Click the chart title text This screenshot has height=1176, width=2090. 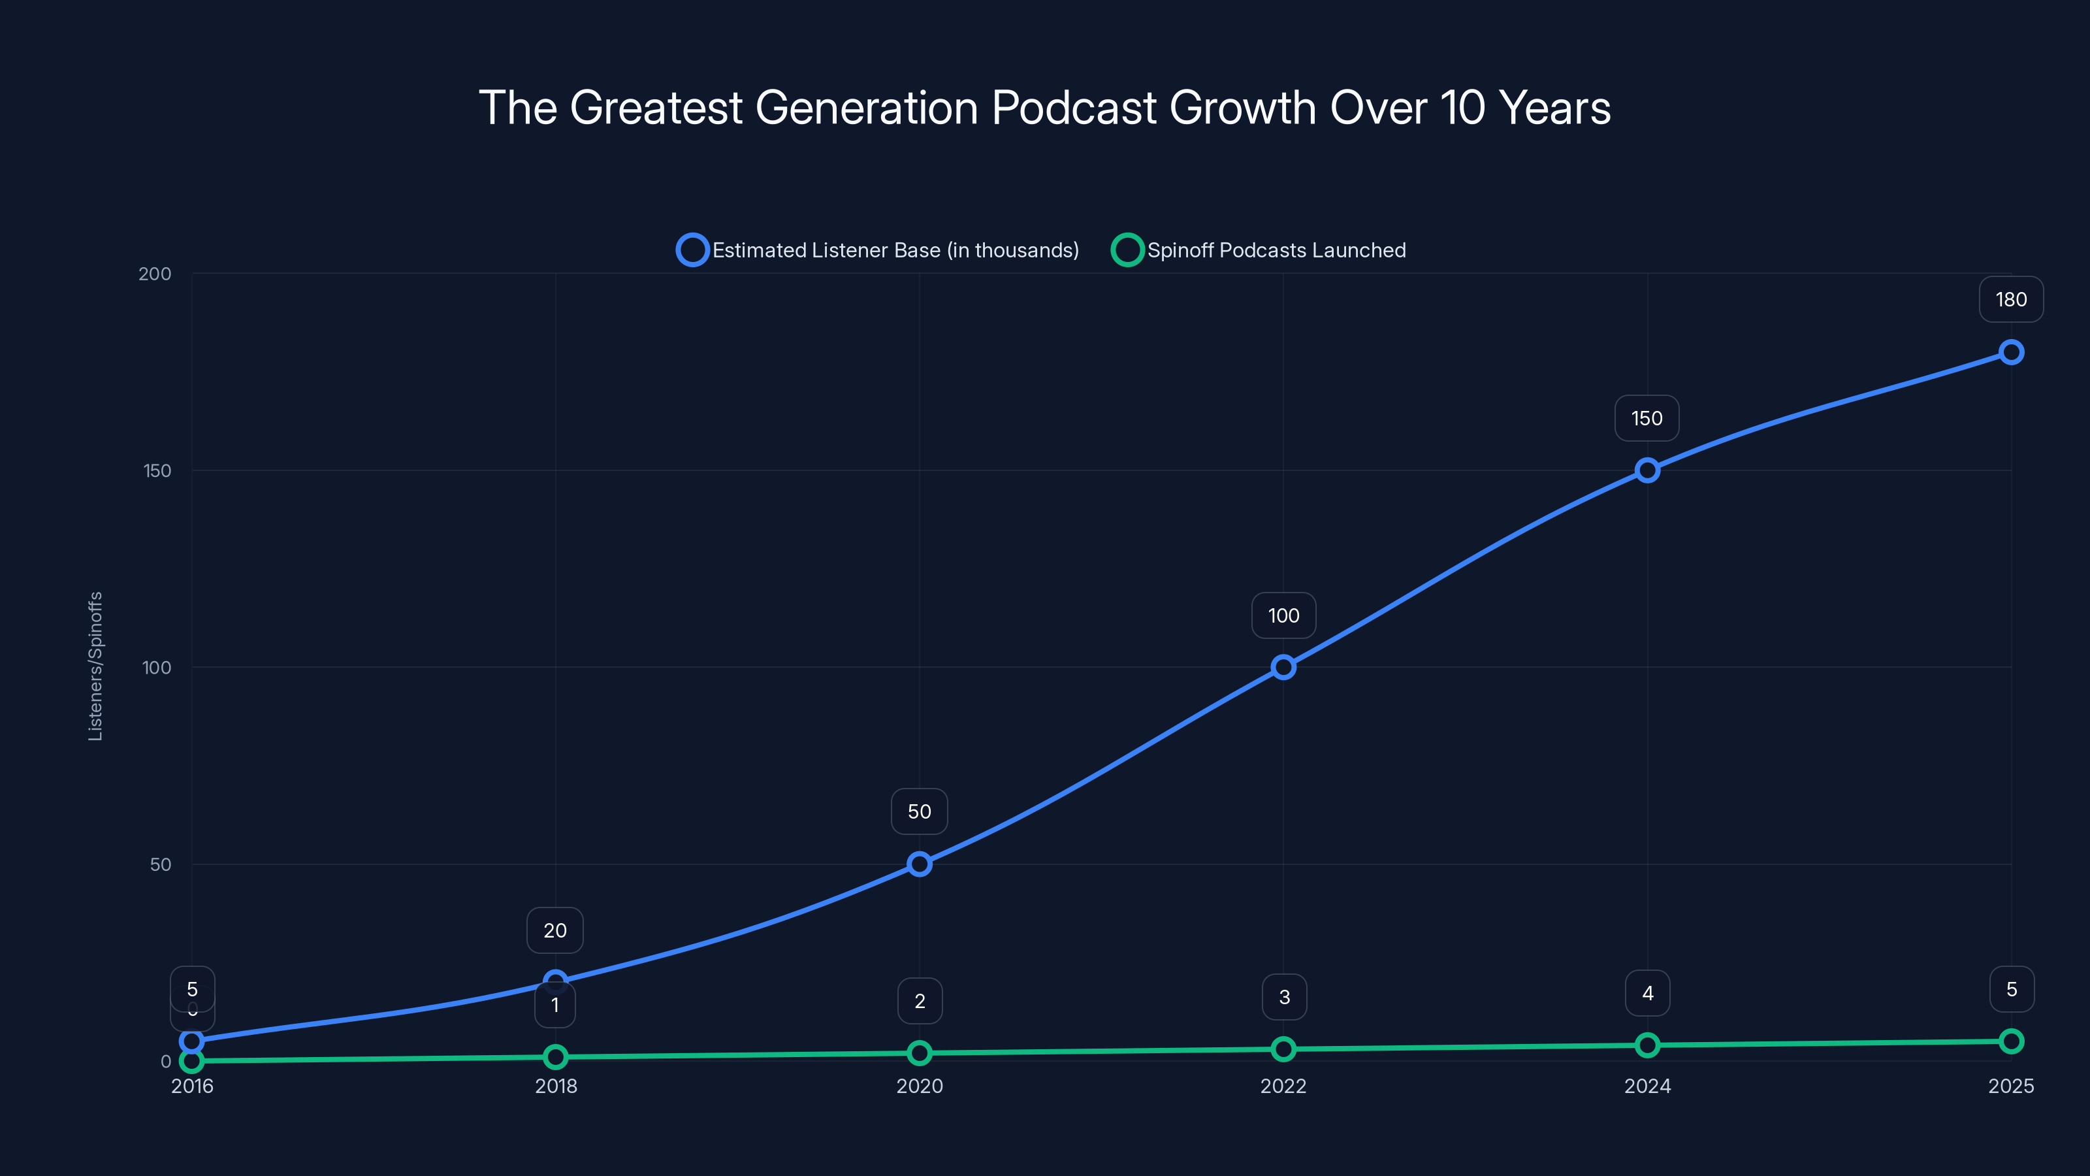point(1044,108)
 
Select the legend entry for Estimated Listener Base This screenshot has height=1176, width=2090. point(878,250)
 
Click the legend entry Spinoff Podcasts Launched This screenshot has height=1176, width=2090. point(1259,250)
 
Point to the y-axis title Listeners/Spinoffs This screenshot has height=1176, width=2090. point(95,666)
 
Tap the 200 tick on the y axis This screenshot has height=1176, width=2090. point(155,274)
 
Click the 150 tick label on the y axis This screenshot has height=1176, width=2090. point(157,470)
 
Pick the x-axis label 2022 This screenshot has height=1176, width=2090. point(1283,1086)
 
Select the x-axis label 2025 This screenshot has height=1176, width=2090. point(2010,1086)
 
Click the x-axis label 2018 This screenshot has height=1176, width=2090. point(556,1086)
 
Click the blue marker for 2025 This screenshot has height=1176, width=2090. point(2010,352)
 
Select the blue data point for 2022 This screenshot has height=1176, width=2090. point(1283,667)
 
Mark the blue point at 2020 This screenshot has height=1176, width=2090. point(919,864)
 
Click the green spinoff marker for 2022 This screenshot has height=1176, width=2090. point(1283,1049)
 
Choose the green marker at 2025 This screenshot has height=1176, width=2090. point(2010,1041)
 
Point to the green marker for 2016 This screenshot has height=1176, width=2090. point(191,1061)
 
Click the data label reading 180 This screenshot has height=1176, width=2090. point(2010,299)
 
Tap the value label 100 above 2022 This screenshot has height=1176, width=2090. point(1283,616)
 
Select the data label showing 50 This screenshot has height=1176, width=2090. point(919,811)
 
